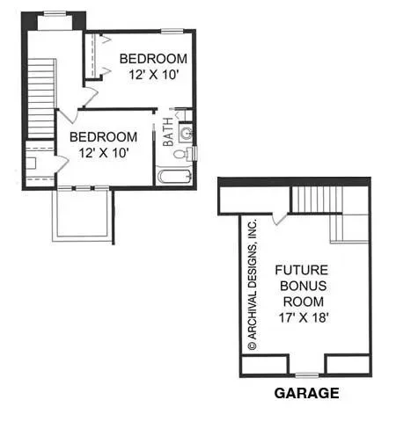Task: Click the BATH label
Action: (x=168, y=132)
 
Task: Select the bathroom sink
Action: (x=186, y=134)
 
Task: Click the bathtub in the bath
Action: (x=175, y=177)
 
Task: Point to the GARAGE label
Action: (x=306, y=393)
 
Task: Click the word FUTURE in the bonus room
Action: (x=302, y=270)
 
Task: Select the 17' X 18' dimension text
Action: (x=304, y=317)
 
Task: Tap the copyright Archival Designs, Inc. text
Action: (x=253, y=284)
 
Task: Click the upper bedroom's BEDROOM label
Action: (x=153, y=59)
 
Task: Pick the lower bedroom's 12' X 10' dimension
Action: (x=104, y=153)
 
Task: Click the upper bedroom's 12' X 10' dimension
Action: (x=154, y=75)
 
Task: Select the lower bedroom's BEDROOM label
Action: (x=103, y=137)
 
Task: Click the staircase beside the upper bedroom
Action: (x=41, y=98)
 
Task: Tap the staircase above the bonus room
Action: (x=317, y=200)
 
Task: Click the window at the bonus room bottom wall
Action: (x=307, y=375)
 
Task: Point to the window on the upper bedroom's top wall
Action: (x=172, y=30)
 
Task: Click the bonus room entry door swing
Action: (x=279, y=219)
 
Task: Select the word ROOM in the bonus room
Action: (x=304, y=302)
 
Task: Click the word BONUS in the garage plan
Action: (x=304, y=286)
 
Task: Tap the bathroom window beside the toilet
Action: (x=195, y=154)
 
